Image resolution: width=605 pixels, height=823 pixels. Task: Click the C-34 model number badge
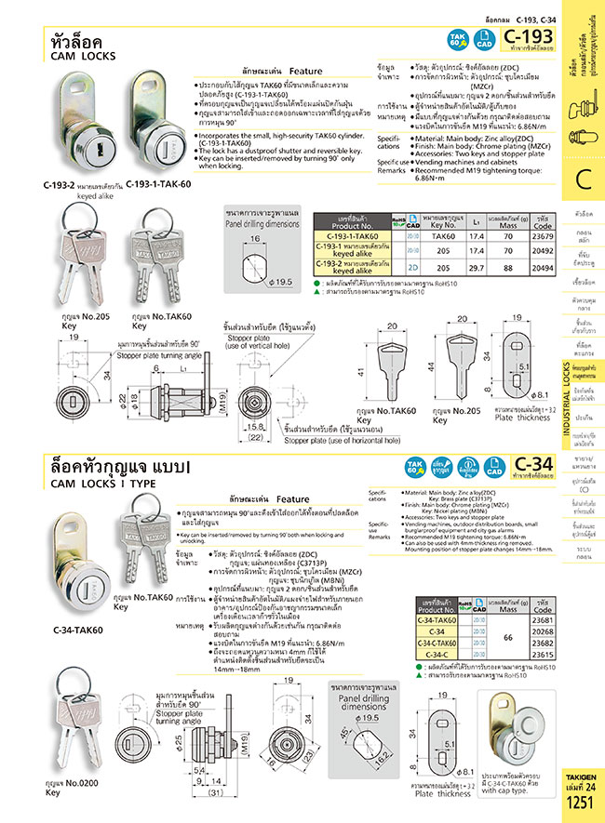click(534, 462)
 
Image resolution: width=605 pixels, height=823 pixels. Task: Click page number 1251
click(580, 802)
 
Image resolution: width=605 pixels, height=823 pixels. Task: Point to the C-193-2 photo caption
click(81, 185)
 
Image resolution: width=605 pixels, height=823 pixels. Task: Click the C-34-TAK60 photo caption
click(77, 630)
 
